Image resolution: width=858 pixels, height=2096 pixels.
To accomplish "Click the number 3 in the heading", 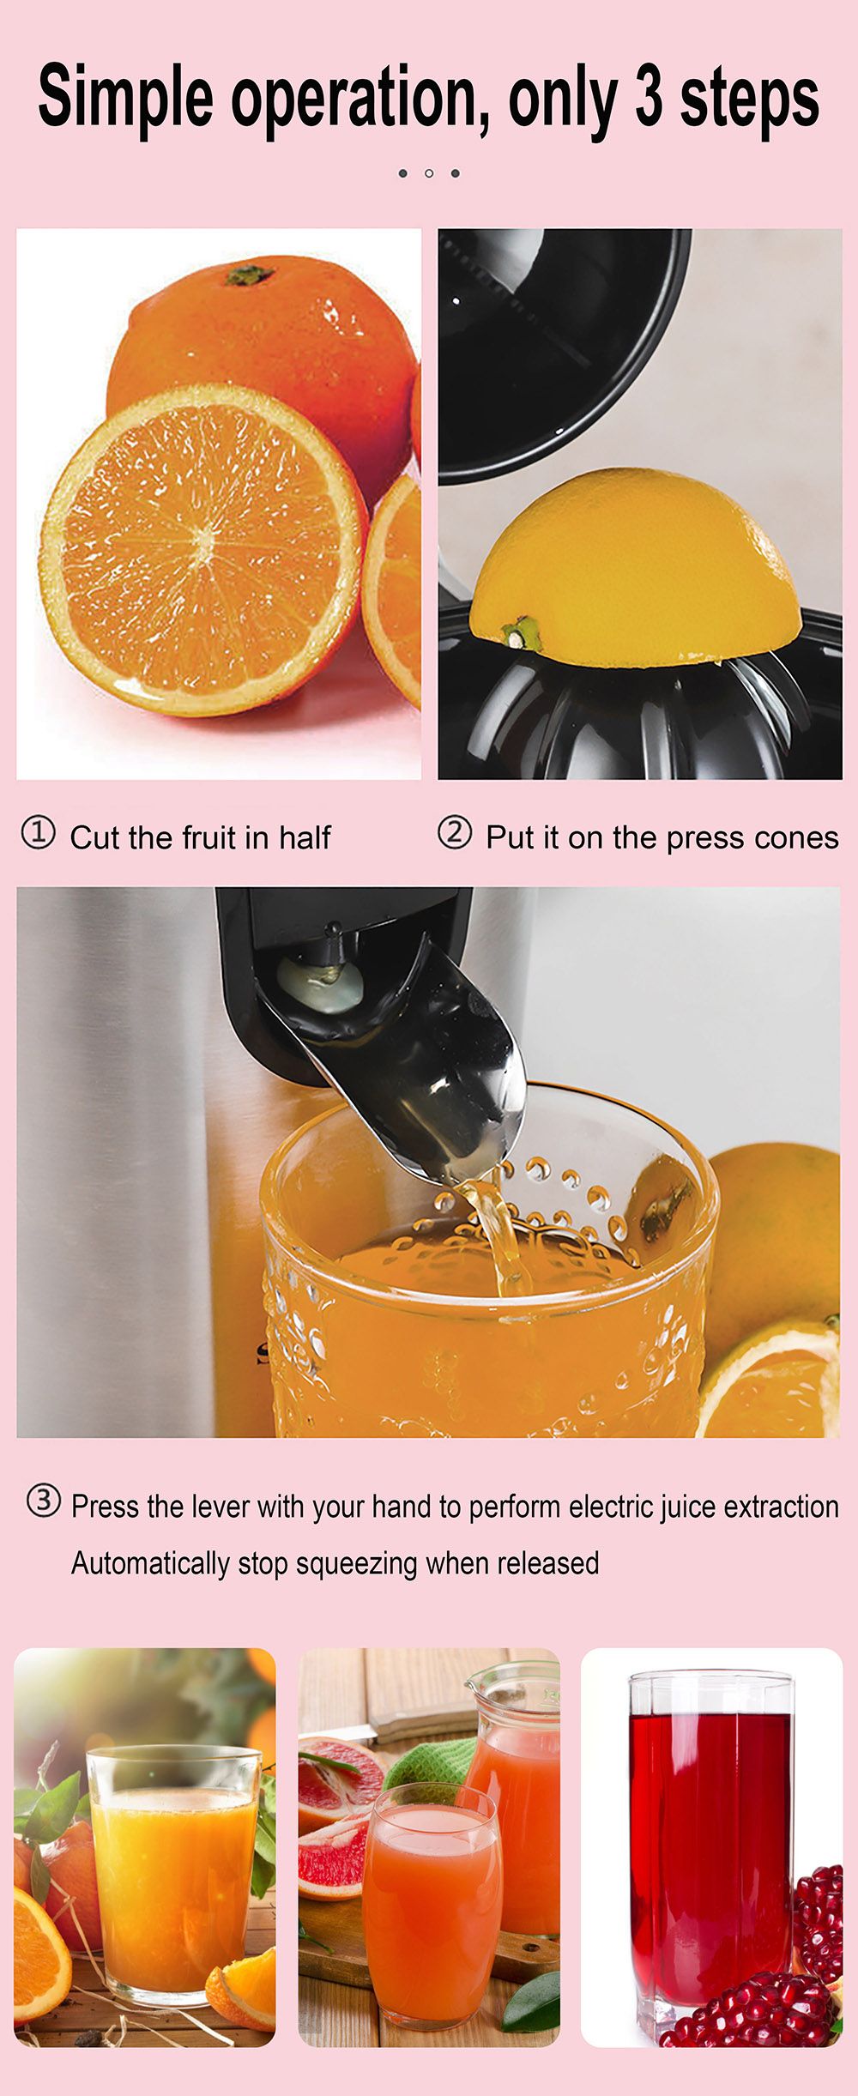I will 649,98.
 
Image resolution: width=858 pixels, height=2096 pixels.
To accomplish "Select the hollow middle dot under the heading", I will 429,173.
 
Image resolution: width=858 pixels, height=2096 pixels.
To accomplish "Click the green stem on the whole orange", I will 249,275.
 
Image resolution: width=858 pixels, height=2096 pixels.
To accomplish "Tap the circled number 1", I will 38,833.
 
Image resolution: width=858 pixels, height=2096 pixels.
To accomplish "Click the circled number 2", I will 455,833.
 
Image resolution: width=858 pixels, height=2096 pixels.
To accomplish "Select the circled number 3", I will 44,1501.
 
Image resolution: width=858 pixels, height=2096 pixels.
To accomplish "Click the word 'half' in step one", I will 305,837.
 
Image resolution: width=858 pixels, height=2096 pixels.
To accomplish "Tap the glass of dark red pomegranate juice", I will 710,1845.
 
